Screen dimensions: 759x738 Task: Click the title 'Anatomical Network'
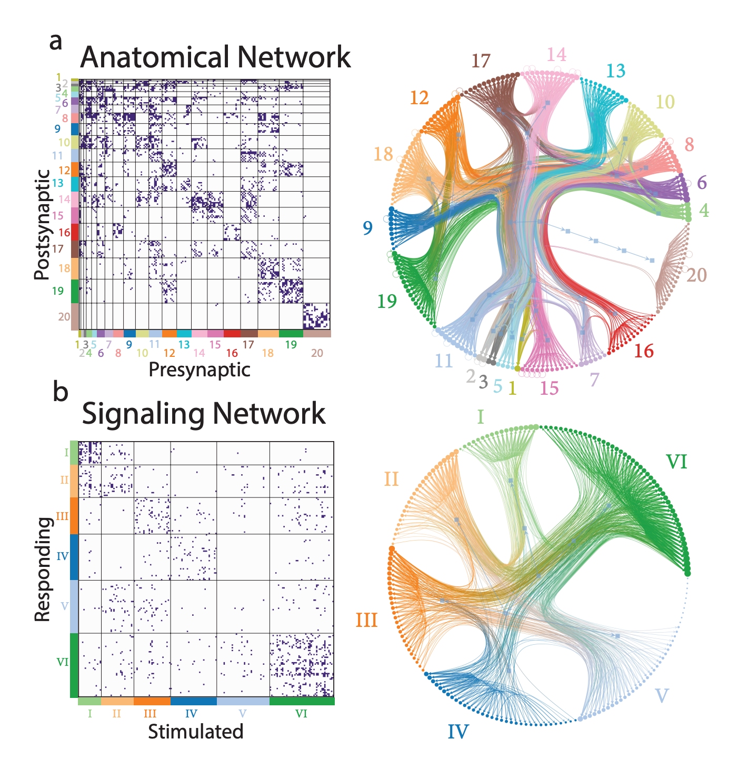(x=215, y=57)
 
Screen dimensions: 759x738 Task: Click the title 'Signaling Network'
(x=204, y=414)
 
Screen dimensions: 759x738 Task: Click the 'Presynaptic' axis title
(x=199, y=370)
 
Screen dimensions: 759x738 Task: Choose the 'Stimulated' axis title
(x=195, y=732)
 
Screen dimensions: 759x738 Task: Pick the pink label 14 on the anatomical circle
(x=556, y=55)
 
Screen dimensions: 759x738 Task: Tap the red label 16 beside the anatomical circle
(x=644, y=351)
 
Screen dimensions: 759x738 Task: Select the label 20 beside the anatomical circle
(x=696, y=275)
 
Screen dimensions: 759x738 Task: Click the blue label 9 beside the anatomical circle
(x=367, y=228)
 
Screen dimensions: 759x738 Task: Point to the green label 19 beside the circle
(x=387, y=301)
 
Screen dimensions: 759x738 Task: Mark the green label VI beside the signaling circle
(x=676, y=462)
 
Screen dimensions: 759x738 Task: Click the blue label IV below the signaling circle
(x=458, y=732)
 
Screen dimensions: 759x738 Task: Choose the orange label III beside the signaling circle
(x=367, y=620)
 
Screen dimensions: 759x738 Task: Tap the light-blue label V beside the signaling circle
(x=661, y=696)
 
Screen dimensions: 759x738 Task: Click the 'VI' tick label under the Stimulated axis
(x=301, y=714)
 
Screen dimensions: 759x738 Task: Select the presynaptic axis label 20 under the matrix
(x=317, y=353)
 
